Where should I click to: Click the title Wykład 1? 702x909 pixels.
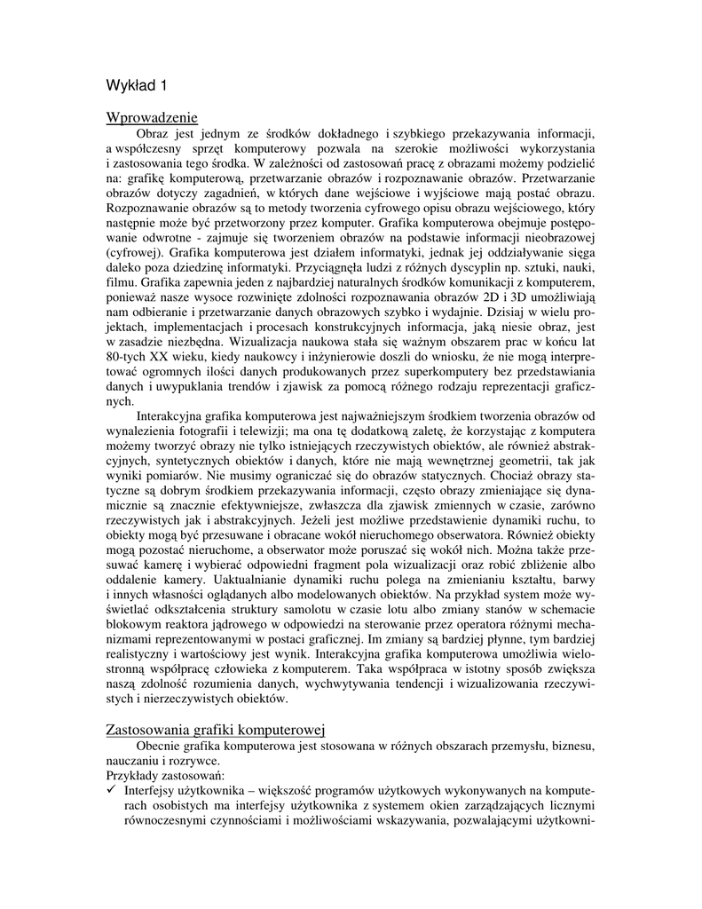point(136,85)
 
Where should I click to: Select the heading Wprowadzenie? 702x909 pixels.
point(152,118)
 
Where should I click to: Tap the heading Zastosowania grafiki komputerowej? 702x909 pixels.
point(217,730)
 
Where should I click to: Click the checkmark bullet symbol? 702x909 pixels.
point(111,790)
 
